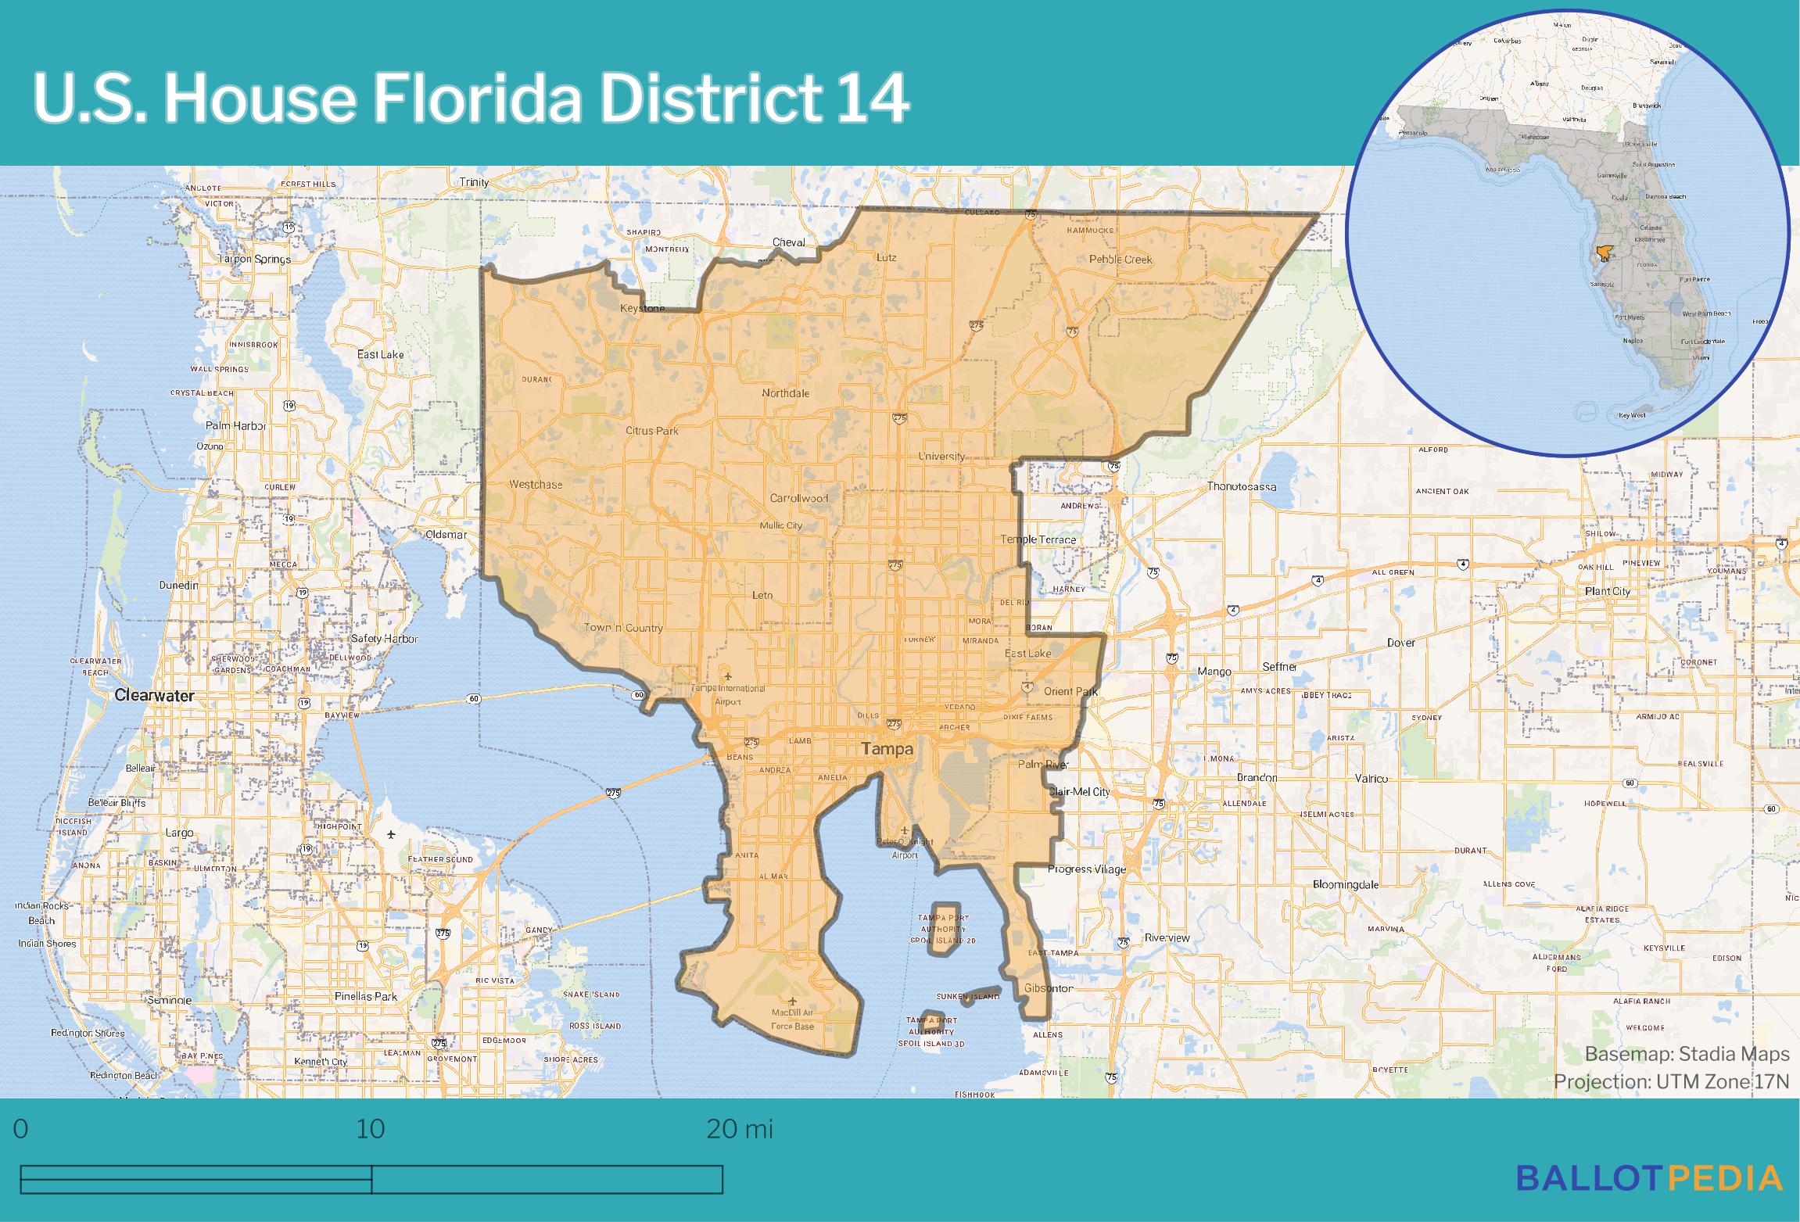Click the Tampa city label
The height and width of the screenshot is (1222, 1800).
[887, 749]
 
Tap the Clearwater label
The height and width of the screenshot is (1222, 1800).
[154, 695]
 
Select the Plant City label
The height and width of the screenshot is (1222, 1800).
[1607, 591]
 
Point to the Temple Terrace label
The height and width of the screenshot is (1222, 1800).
[1038, 539]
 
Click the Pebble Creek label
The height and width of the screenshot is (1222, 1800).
[1120, 259]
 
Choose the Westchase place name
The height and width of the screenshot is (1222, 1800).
[536, 485]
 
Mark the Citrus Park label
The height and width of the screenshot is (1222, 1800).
[651, 431]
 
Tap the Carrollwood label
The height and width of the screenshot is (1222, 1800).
[798, 498]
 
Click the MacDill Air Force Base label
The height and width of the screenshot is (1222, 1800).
[792, 1020]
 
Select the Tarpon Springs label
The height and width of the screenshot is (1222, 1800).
[254, 259]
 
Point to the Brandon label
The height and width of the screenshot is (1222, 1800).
[1257, 778]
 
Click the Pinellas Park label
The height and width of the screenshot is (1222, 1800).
[365, 996]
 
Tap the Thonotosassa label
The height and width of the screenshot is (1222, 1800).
[1242, 486]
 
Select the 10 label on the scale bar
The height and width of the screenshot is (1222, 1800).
[371, 1130]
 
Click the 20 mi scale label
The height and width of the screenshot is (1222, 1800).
[739, 1130]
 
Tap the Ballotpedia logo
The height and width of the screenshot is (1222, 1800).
[1649, 1178]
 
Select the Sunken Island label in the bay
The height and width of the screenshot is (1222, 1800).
[968, 997]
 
